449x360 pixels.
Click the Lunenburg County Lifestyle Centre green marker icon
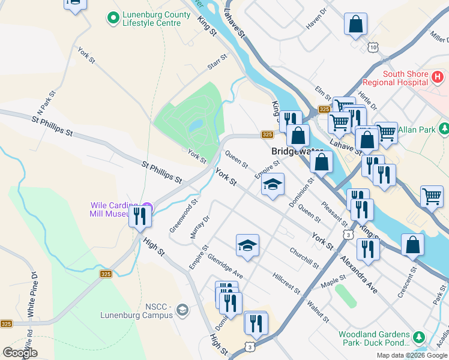click(x=112, y=18)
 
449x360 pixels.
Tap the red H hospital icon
click(x=438, y=77)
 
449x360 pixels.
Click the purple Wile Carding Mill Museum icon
click(x=147, y=209)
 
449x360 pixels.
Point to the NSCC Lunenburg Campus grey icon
click(x=182, y=310)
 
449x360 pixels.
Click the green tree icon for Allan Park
click(x=444, y=128)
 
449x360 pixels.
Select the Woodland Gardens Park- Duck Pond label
click(x=374, y=339)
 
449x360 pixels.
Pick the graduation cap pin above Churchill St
click(x=247, y=244)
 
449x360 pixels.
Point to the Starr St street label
click(x=217, y=62)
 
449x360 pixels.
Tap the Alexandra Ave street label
click(x=359, y=275)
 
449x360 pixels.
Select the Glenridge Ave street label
click(x=224, y=265)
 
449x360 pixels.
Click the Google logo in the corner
click(x=20, y=353)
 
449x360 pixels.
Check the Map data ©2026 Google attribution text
click(x=411, y=355)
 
